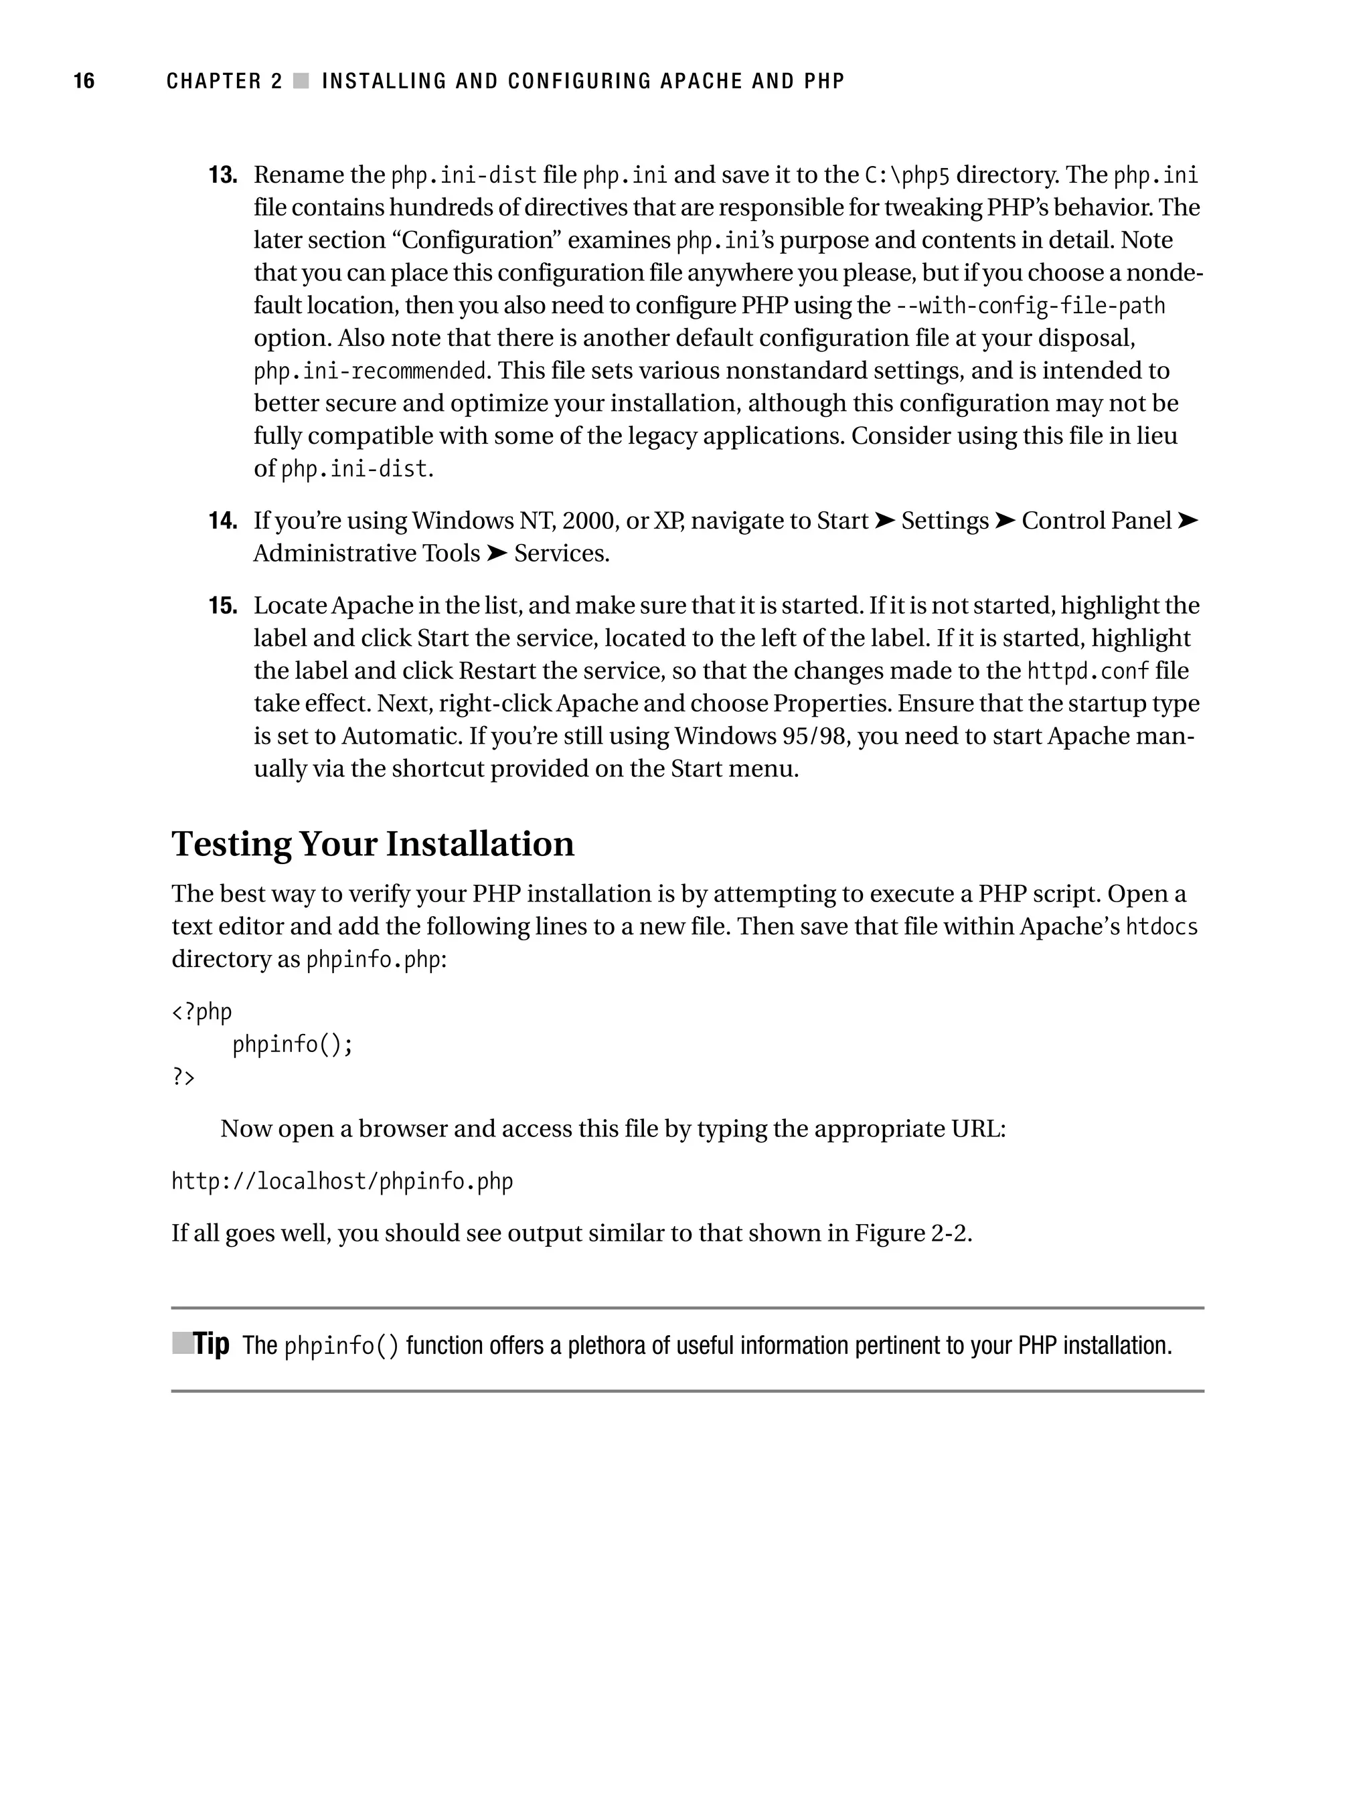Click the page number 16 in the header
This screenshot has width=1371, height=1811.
[x=84, y=81]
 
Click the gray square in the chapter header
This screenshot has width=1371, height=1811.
[x=301, y=81]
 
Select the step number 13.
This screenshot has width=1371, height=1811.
[x=223, y=175]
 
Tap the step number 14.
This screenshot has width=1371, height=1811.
[x=223, y=521]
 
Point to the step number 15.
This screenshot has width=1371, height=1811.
[x=223, y=606]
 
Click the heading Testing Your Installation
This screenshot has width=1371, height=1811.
[x=373, y=844]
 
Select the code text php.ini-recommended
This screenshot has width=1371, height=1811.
[x=370, y=371]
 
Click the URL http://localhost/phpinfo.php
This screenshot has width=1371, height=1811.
[x=341, y=1181]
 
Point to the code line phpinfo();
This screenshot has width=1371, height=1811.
[x=293, y=1045]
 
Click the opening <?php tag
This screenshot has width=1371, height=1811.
[x=201, y=1012]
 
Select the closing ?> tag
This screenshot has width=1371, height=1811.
[x=183, y=1077]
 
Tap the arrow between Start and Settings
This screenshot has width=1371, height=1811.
[x=884, y=521]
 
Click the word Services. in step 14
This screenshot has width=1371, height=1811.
[x=562, y=553]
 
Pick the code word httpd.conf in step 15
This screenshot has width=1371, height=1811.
[x=1088, y=671]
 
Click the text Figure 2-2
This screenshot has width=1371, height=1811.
[x=912, y=1233]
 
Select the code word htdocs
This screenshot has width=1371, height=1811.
[x=1161, y=927]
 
